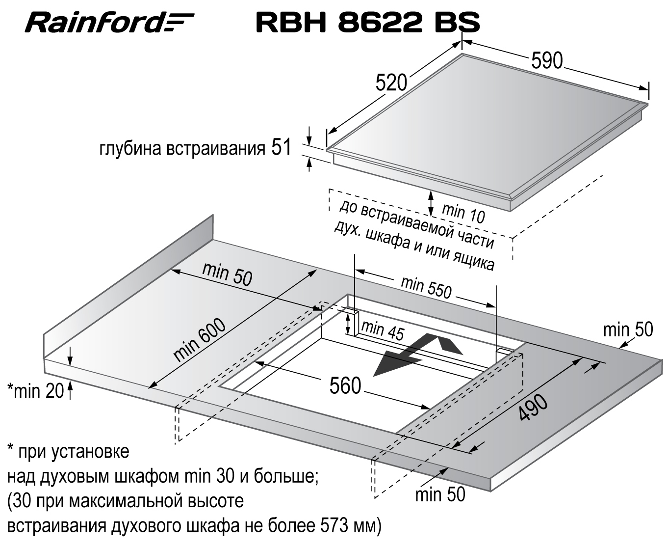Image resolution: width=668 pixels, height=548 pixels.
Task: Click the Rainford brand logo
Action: (109, 23)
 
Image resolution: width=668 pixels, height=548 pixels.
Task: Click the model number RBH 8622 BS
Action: (367, 22)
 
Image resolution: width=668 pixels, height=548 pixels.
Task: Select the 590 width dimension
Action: (547, 60)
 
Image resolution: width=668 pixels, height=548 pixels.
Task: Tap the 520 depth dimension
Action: (391, 82)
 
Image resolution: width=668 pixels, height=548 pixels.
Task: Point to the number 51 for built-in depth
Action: (281, 147)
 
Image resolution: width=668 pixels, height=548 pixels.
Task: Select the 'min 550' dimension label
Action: (425, 287)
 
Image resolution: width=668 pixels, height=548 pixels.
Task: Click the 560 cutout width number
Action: (345, 386)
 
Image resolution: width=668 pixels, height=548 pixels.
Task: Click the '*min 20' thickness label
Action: (35, 391)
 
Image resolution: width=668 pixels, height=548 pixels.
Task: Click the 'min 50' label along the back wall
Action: (227, 274)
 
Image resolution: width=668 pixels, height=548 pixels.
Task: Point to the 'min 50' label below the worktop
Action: (440, 494)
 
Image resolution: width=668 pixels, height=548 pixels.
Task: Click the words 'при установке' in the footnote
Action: (74, 451)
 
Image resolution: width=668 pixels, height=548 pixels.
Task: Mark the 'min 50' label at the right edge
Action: (628, 329)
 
